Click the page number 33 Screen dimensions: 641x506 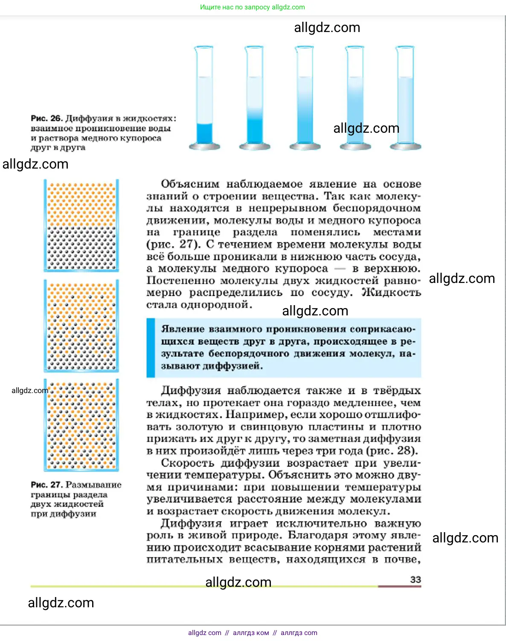(415, 579)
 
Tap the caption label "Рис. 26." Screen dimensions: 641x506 (47, 118)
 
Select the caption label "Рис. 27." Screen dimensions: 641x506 (47, 485)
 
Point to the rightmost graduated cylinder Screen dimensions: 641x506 (405, 98)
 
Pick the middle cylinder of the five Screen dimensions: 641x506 (305, 98)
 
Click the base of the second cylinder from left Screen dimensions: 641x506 (255, 146)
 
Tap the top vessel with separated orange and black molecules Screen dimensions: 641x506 (81, 225)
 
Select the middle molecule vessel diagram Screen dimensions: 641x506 (81, 326)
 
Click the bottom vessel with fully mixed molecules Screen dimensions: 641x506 (81, 425)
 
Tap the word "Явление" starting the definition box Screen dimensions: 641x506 (183, 329)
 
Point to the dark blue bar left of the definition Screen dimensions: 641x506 (151, 347)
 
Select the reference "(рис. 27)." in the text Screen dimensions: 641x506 (173, 244)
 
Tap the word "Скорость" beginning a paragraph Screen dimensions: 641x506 (188, 463)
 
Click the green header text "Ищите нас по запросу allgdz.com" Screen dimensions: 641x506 (253, 7)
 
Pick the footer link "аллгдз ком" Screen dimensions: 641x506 (251, 632)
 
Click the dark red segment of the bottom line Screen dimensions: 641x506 (399, 586)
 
